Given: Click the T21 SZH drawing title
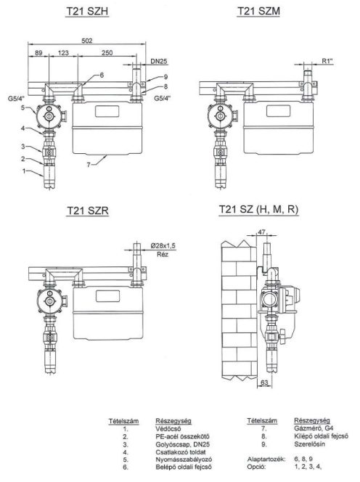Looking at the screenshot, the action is (x=87, y=12).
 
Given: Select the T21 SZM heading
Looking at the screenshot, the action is (x=258, y=11).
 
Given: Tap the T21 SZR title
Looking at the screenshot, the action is (x=88, y=211).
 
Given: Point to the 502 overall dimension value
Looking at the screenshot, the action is (x=86, y=41).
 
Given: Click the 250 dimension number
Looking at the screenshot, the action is (x=107, y=53).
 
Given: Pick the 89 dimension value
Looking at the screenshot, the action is (x=38, y=53).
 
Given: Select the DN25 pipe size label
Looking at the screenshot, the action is (x=159, y=61).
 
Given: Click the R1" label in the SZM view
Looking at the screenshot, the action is (x=327, y=61).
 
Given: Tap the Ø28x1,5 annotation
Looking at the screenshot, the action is (x=163, y=245).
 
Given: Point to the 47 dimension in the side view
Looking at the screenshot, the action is (x=261, y=232).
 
